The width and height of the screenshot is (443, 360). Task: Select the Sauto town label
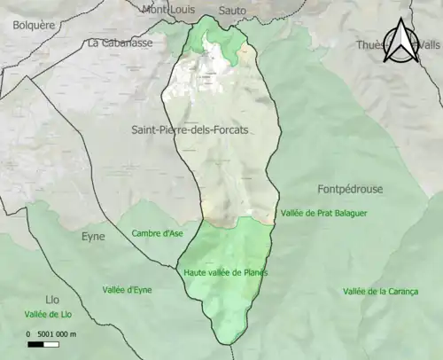point(232,10)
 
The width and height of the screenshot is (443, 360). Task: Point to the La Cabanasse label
point(120,42)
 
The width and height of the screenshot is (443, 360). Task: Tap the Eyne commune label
point(93,237)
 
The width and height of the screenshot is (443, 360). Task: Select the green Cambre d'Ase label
point(158,234)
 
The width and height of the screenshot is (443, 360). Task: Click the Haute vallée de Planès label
point(226,272)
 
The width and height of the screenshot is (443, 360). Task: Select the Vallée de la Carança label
point(380,292)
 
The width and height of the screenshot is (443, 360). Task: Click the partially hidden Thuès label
point(369,45)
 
